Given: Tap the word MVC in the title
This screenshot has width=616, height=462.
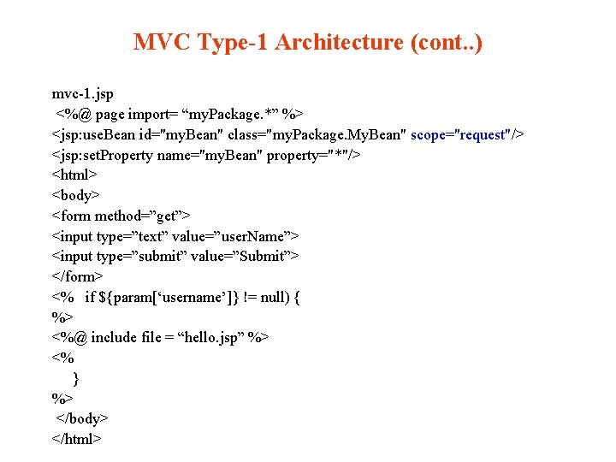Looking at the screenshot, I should (162, 42).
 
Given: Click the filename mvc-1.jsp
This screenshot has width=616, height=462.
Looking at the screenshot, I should (83, 93).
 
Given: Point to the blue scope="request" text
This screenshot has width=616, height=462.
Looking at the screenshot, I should (461, 134).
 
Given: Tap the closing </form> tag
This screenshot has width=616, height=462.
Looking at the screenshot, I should (78, 276).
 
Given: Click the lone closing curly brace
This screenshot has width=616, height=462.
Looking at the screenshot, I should (76, 378).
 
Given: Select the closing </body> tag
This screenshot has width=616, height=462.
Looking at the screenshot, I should (83, 418).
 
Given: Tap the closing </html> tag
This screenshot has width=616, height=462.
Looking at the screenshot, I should (77, 439).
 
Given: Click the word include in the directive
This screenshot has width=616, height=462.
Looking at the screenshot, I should (115, 337).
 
